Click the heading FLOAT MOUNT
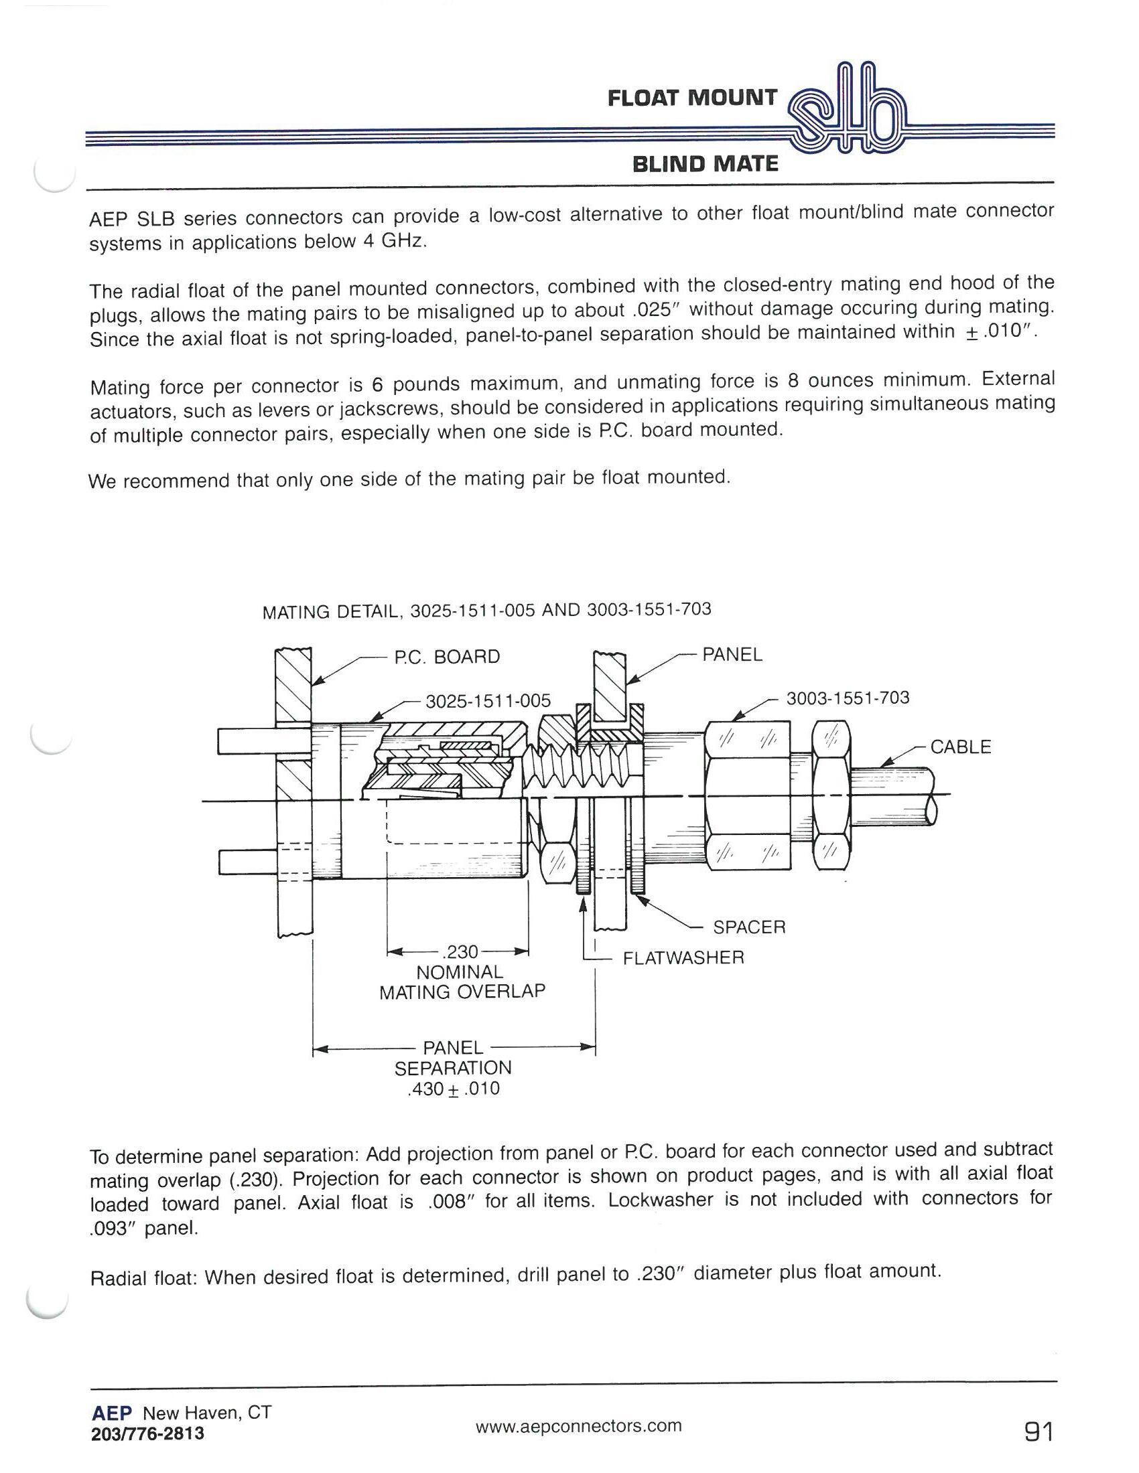tap(691, 98)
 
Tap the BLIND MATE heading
tap(705, 164)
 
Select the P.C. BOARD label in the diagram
tap(447, 657)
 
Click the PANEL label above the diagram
tap(732, 654)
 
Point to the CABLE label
tap(960, 747)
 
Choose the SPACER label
tap(749, 927)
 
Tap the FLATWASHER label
tap(683, 957)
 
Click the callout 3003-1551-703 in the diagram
tap(848, 698)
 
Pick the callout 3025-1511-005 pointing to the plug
tap(488, 701)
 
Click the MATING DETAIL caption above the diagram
tap(486, 611)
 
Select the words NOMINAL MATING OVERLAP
tap(462, 982)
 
